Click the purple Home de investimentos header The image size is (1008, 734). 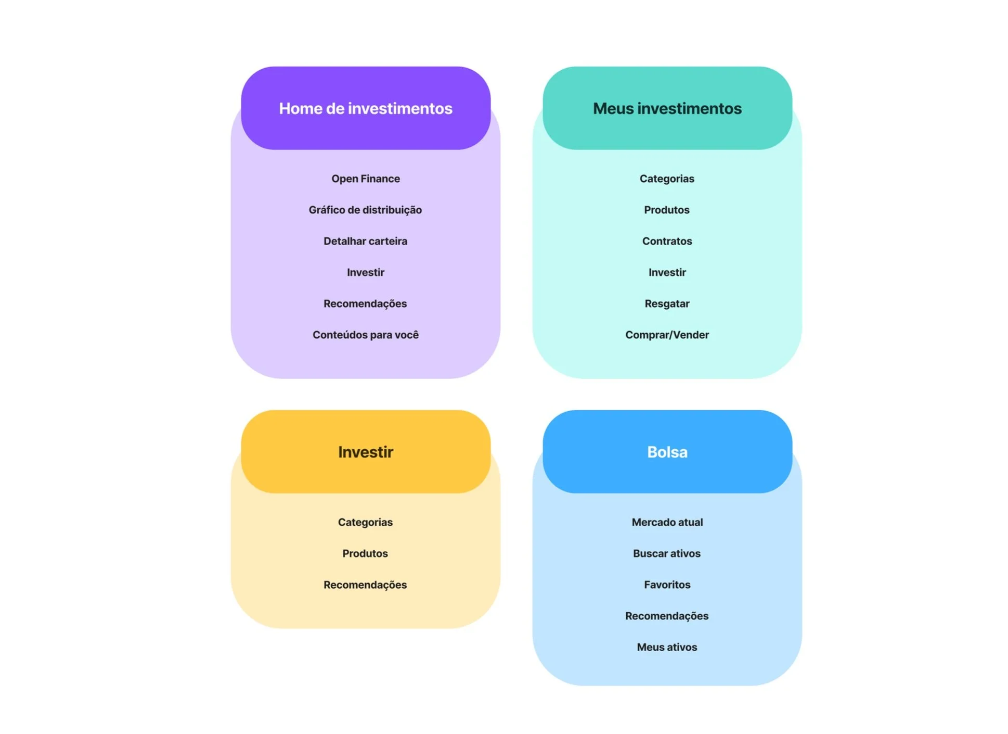365,108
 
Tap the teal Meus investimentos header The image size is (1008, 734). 667,108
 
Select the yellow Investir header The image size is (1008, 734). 365,452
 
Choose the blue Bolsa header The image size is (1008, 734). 667,452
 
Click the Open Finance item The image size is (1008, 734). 365,179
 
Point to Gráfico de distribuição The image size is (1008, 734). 365,210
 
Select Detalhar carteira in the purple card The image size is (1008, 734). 365,241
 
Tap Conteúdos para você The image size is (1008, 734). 365,335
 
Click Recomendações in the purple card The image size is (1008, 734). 365,303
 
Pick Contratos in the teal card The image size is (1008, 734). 667,241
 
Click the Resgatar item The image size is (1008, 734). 667,303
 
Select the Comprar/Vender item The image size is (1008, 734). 667,335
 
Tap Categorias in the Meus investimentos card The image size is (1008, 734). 667,179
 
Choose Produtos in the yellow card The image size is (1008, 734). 365,553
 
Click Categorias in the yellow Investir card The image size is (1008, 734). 365,522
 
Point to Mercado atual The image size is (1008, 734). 667,522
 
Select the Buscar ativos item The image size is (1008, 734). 667,553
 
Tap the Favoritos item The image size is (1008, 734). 667,585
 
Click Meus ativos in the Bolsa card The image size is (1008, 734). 667,647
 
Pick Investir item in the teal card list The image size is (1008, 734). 667,272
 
